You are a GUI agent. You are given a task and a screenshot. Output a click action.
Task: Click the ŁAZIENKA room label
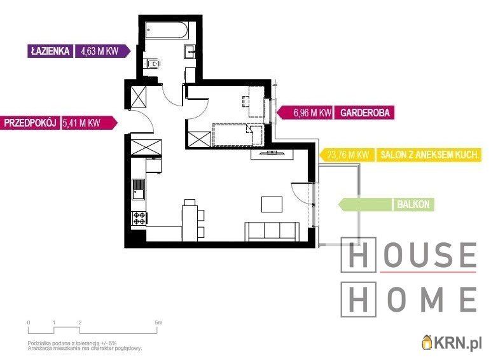50,51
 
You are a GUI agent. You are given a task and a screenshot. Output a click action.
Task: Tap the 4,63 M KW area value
100,51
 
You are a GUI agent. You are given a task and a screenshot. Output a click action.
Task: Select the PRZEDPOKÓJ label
30,123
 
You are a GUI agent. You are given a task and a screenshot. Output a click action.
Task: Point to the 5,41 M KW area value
81,123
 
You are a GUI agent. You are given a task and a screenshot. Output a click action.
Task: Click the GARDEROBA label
365,113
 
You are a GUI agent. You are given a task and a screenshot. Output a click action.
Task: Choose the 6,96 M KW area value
312,113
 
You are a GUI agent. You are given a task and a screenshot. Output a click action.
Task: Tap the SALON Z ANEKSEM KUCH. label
429,155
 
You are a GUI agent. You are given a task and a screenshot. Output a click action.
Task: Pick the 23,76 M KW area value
348,155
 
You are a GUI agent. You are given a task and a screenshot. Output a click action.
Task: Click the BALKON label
413,204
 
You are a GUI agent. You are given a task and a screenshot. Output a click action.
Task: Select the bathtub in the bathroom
167,30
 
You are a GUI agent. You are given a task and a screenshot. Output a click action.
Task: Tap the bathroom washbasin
190,52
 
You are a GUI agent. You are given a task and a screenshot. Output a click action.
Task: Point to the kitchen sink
138,189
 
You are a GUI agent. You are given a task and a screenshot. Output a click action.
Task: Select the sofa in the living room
272,232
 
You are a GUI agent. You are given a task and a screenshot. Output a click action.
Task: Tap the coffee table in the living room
272,204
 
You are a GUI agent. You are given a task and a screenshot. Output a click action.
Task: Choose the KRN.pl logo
452,343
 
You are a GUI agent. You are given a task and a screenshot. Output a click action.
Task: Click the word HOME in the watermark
409,299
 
